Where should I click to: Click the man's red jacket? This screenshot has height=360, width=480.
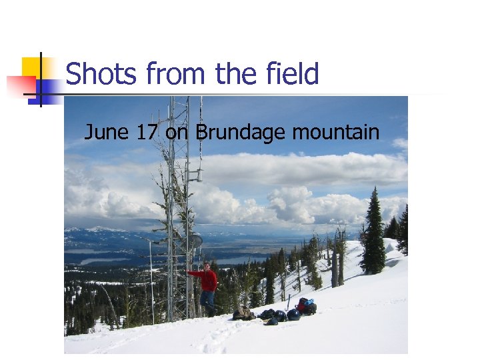[x=209, y=280]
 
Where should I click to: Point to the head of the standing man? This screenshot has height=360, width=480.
[x=207, y=266]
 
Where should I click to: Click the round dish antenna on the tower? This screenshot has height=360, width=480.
[x=196, y=241]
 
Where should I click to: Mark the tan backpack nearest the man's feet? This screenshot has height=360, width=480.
[x=243, y=313]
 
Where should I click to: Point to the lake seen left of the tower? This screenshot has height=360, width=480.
[x=100, y=261]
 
